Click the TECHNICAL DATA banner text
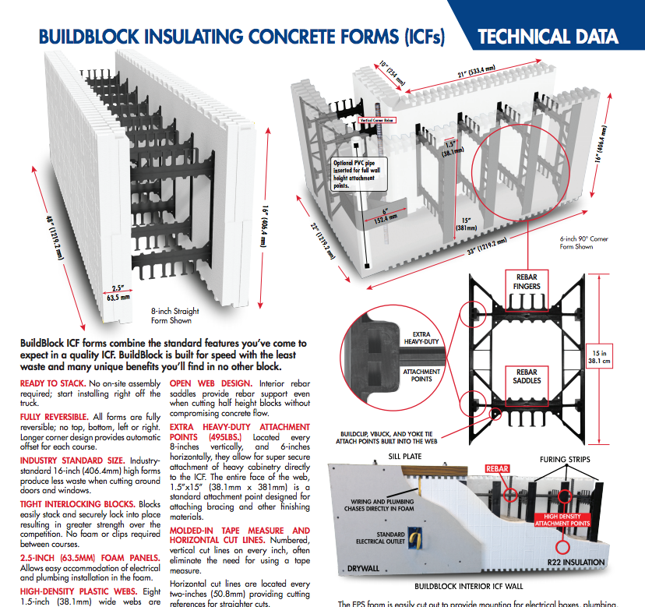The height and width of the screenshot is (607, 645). (x=548, y=37)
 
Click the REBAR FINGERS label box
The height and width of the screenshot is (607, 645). (x=527, y=281)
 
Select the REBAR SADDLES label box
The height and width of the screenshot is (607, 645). (x=527, y=376)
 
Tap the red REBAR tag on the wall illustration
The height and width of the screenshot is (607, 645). (x=497, y=469)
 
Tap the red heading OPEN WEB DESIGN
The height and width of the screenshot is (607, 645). (x=210, y=384)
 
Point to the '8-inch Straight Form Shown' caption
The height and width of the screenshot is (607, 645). (x=170, y=315)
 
